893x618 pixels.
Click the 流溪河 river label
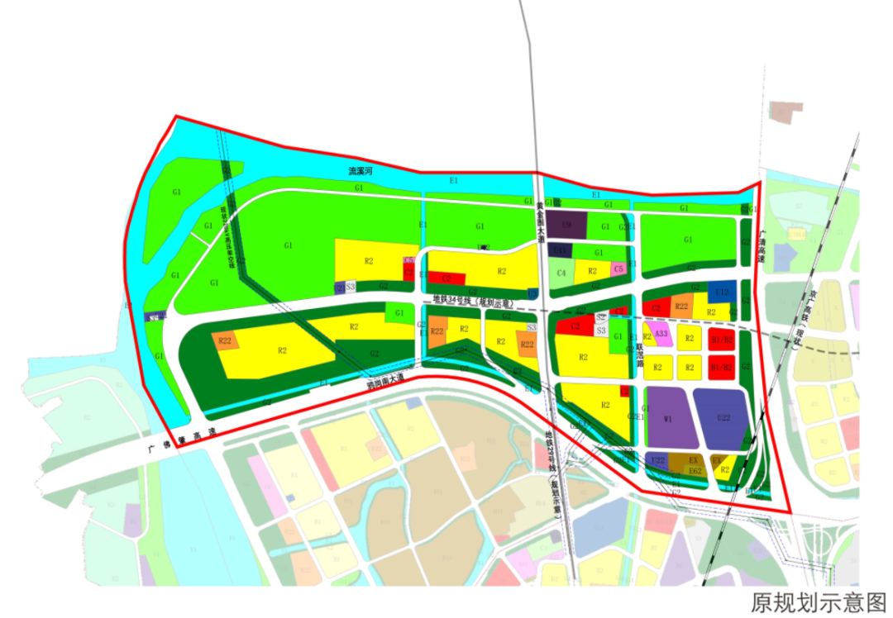[361, 171]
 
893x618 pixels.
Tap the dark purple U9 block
[566, 225]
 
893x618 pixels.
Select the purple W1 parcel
[667, 418]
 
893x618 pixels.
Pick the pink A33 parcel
[660, 335]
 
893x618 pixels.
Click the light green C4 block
[561, 272]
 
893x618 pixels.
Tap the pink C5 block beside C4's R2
[618, 269]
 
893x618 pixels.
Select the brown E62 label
[695, 473]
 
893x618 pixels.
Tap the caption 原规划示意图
[817, 601]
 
